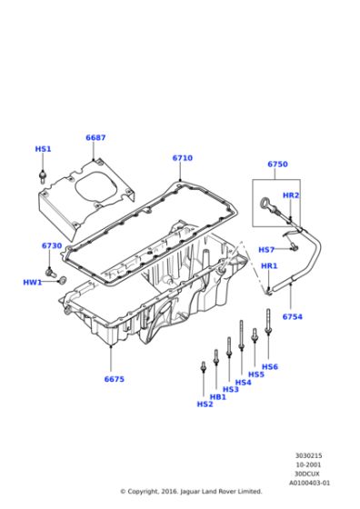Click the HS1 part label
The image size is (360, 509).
tap(44, 149)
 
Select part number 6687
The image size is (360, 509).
tap(95, 138)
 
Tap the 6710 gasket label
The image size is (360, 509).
tap(182, 158)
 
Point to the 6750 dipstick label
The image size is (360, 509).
tap(277, 165)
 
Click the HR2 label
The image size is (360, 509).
tap(290, 195)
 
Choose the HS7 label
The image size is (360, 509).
tap(266, 250)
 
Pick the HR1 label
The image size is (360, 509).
tap(269, 266)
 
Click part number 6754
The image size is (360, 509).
tap(292, 316)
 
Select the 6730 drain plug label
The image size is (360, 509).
tap(52, 246)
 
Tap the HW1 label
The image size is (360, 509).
tap(33, 283)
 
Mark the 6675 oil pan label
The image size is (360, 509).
tap(114, 379)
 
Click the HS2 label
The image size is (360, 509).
tap(205, 404)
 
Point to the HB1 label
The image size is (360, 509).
tap(218, 396)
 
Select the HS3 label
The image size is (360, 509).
tap(231, 389)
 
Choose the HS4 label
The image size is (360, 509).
tap(243, 382)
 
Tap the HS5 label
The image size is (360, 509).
tap(256, 374)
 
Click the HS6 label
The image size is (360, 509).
tap(270, 366)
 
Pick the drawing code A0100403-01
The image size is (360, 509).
tap(310, 484)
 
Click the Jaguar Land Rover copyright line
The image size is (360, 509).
tap(190, 492)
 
